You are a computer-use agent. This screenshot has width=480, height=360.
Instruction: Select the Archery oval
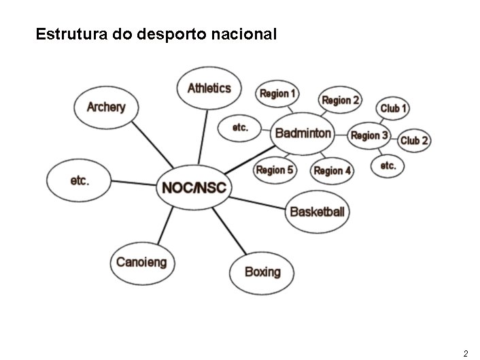106,108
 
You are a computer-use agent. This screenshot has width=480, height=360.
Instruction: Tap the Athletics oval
209,88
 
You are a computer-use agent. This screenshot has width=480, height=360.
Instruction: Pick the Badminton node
303,133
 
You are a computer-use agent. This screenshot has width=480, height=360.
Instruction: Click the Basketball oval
317,212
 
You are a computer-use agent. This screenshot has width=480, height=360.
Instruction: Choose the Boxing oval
262,272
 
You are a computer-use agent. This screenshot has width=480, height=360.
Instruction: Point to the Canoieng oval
141,263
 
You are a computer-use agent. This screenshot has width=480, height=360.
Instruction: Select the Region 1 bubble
277,93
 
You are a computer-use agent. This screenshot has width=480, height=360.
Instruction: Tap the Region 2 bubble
341,101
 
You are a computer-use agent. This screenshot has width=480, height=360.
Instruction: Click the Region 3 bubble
369,135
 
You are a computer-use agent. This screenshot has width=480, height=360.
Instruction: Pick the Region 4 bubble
332,170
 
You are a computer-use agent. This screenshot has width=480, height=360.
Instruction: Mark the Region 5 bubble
275,169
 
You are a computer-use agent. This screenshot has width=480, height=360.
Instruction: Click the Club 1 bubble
394,108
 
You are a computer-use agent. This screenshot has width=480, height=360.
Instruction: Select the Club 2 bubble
414,140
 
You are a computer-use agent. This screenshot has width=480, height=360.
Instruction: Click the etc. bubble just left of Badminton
241,127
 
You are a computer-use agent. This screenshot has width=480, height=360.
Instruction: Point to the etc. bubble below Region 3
388,166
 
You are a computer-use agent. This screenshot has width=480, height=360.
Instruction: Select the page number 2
465,353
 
